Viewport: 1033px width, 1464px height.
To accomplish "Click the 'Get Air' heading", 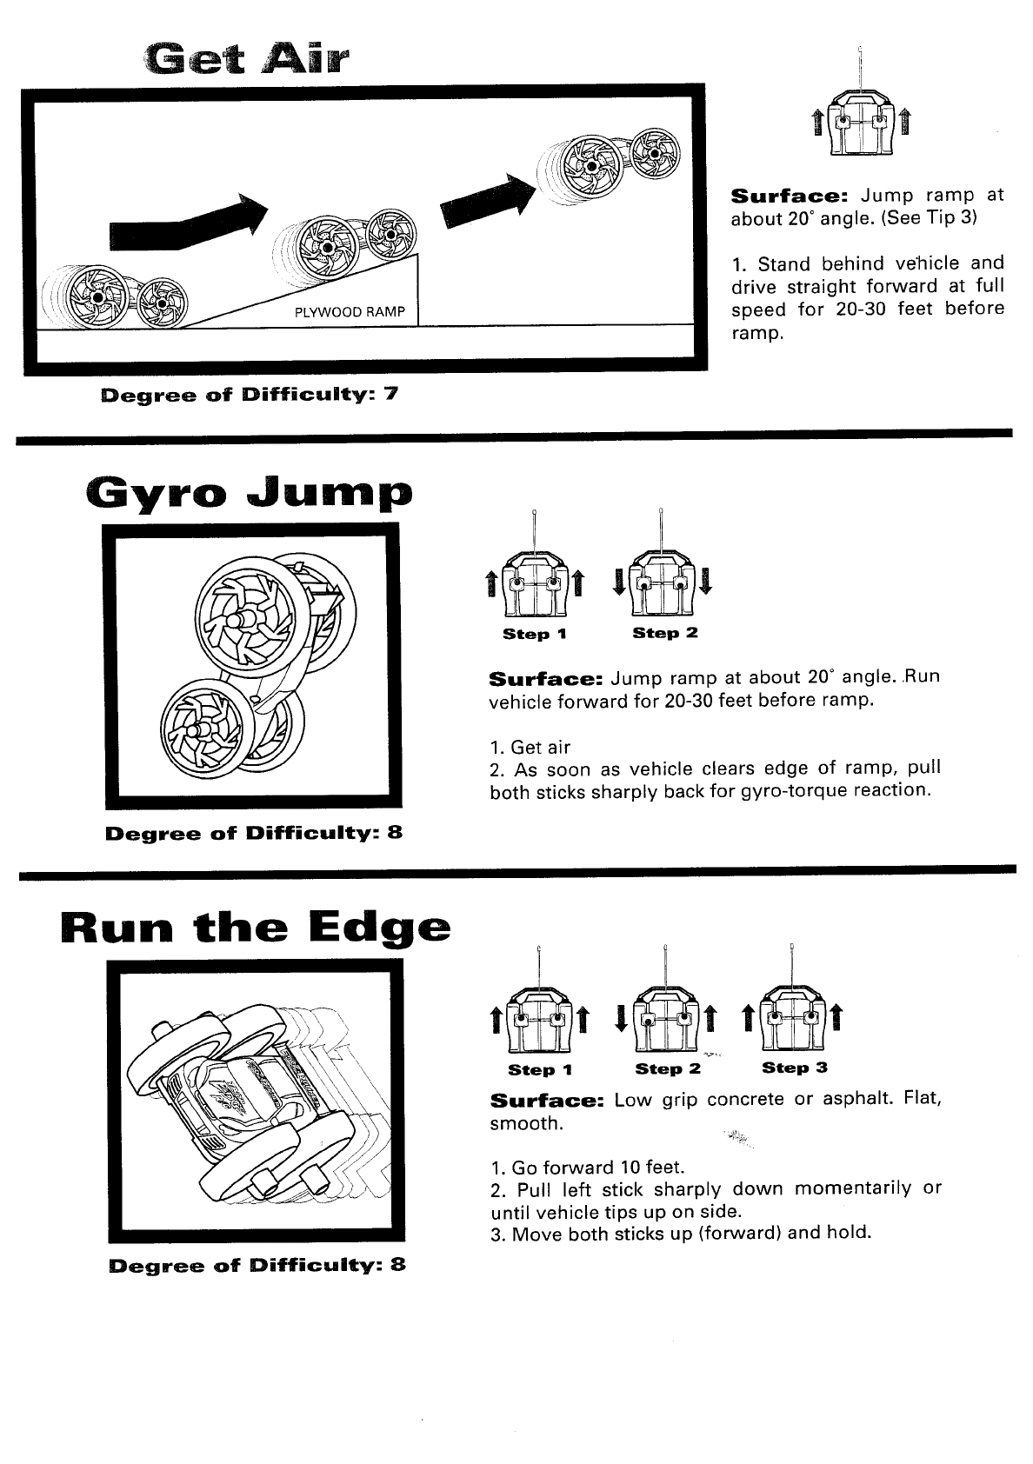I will coord(246,62).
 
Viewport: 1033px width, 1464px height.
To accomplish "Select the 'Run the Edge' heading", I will coord(257,928).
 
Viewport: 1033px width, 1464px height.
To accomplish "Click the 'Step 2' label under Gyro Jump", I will coord(665,634).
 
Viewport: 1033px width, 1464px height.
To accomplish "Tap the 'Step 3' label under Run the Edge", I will coord(795,1068).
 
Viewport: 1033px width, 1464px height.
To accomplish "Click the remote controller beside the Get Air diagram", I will coord(860,121).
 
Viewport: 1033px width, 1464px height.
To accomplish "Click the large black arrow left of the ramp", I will coord(186,221).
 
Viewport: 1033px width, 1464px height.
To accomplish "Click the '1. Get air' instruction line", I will coord(530,747).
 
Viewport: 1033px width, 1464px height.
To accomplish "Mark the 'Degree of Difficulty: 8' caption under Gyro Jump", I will coord(253,833).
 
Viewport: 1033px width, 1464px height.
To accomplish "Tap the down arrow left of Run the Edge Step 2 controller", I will coord(621,1015).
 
